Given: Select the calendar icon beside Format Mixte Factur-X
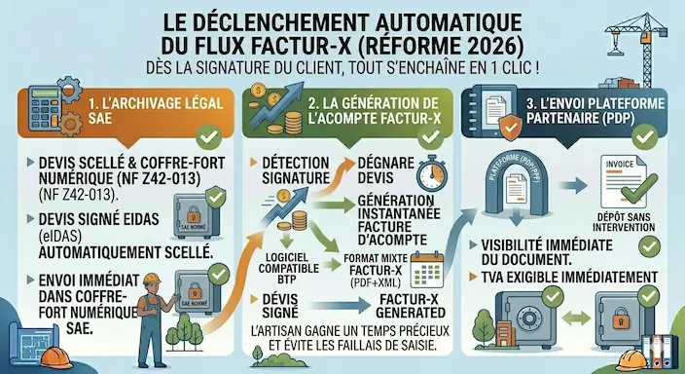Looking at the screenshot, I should (x=425, y=260).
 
